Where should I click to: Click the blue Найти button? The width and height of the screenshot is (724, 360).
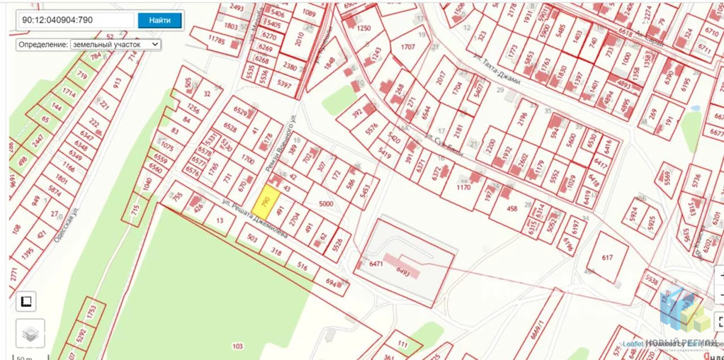160,21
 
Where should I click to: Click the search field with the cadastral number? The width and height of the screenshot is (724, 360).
75,21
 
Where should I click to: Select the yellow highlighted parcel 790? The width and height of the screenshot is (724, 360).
266,202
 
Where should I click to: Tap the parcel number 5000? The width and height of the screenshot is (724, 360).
326,204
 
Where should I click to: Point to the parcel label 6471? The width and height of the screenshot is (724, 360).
375,264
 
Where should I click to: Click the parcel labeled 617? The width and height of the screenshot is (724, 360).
606,258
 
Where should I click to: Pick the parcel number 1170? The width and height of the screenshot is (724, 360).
463,189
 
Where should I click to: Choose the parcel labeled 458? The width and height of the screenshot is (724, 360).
513,209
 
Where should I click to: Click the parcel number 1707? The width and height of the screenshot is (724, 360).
407,47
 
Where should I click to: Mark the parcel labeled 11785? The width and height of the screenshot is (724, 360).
216,41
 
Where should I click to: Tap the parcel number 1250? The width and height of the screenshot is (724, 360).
364,28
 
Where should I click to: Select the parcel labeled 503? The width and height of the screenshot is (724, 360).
251,239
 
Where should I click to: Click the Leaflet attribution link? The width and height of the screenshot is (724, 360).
633,344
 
